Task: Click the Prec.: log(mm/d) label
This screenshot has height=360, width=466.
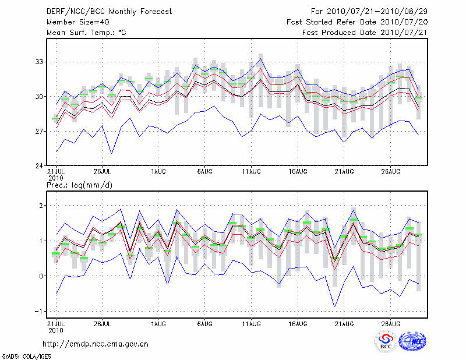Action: pos(79,185)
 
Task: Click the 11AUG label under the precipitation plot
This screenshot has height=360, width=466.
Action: pos(251,324)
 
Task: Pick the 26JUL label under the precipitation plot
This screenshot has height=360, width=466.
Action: pos(103,324)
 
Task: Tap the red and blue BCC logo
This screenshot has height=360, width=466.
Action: pos(385,341)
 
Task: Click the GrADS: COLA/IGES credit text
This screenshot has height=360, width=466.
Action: pos(26,355)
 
